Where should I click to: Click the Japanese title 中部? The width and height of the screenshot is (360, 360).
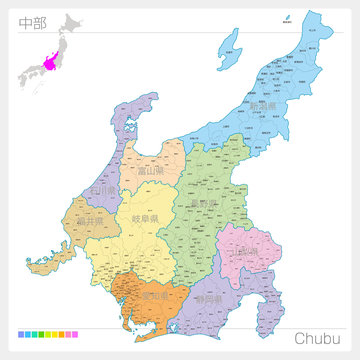click(x=32, y=23)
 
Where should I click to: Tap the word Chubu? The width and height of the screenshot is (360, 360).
click(x=319, y=338)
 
